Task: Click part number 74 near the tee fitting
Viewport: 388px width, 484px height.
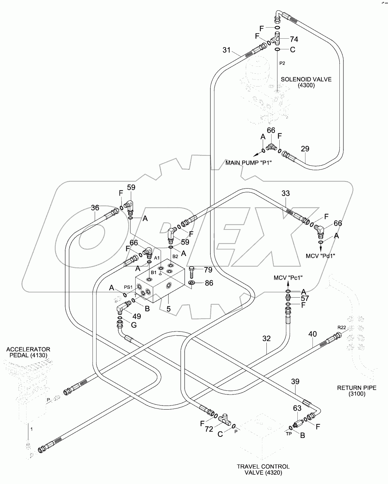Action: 294,39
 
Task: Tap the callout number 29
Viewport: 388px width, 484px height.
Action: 305,149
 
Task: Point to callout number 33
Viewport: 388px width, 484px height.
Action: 286,193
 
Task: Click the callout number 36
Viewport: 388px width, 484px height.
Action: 95,208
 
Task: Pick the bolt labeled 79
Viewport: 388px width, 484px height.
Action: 192,273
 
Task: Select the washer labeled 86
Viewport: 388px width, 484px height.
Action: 192,283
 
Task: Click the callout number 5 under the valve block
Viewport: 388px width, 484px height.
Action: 168,309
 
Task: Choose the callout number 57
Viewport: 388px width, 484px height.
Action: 305,298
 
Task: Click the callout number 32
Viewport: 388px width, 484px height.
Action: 266,338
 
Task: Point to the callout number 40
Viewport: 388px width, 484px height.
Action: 312,334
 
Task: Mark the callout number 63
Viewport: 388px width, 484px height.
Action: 297,408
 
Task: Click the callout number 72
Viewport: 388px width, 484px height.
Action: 209,429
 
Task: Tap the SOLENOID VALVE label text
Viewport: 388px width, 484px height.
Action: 306,82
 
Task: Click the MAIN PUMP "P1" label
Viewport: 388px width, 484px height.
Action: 249,162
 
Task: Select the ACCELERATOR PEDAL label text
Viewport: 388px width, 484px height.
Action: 28,352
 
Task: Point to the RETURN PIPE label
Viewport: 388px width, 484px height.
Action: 351,390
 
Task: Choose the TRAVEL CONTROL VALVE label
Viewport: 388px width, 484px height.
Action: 263,470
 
